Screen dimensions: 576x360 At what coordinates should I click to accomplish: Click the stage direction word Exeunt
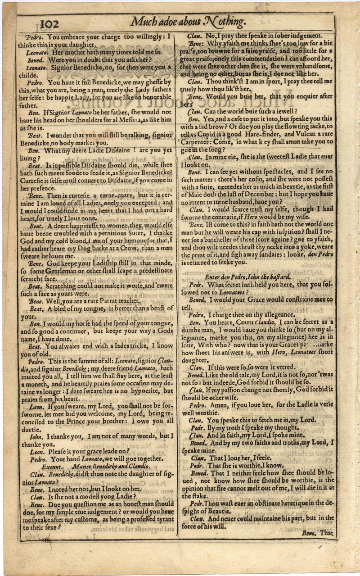pos(53,467)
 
